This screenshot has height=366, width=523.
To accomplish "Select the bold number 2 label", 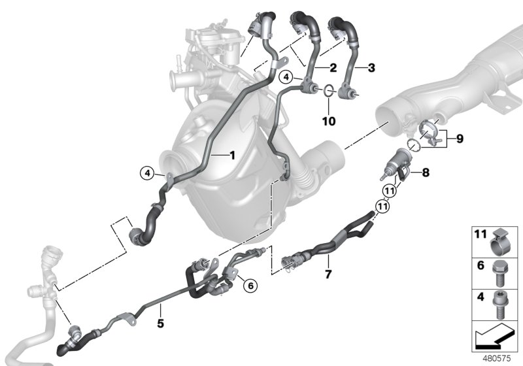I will click(333, 67).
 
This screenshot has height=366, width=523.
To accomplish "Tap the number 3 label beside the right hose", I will click(371, 67).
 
